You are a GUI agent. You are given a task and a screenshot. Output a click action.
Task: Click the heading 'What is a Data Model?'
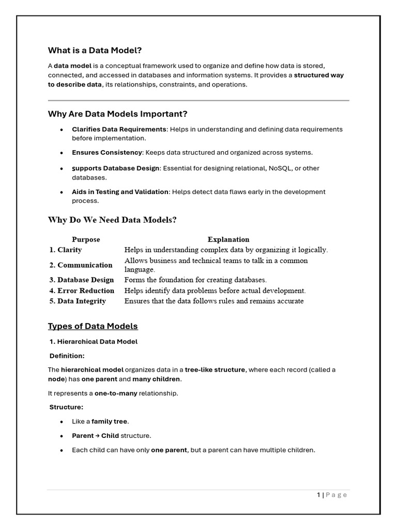[x=95, y=50]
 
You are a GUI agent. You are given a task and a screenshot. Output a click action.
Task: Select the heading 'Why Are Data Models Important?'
[x=117, y=114]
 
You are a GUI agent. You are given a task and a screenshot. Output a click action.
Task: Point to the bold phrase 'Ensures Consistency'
[x=107, y=153]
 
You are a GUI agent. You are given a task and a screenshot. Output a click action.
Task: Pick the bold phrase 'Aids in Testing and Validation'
[x=120, y=192]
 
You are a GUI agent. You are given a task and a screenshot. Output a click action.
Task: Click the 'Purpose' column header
[x=86, y=240]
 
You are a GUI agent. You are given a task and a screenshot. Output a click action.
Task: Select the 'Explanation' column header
[x=228, y=240]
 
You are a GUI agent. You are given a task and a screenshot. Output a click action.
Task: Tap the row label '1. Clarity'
[x=66, y=250]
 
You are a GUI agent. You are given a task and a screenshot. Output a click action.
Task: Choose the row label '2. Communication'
[x=81, y=265]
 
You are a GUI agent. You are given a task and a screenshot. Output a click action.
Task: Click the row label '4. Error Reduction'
[x=82, y=291]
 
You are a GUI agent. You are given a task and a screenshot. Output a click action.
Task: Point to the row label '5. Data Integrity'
[x=78, y=301]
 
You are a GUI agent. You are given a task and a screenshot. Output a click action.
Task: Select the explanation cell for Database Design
[x=195, y=280]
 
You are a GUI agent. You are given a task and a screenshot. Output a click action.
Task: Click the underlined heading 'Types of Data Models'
[x=93, y=326]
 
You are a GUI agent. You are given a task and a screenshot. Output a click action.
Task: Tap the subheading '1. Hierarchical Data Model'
[x=94, y=342]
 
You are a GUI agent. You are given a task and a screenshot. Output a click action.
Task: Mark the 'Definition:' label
[x=67, y=356]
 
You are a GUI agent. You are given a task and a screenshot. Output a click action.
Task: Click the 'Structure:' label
[x=66, y=407]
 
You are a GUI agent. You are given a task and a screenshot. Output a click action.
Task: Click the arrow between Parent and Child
[x=97, y=436]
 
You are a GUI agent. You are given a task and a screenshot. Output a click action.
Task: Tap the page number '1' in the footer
[x=318, y=495]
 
